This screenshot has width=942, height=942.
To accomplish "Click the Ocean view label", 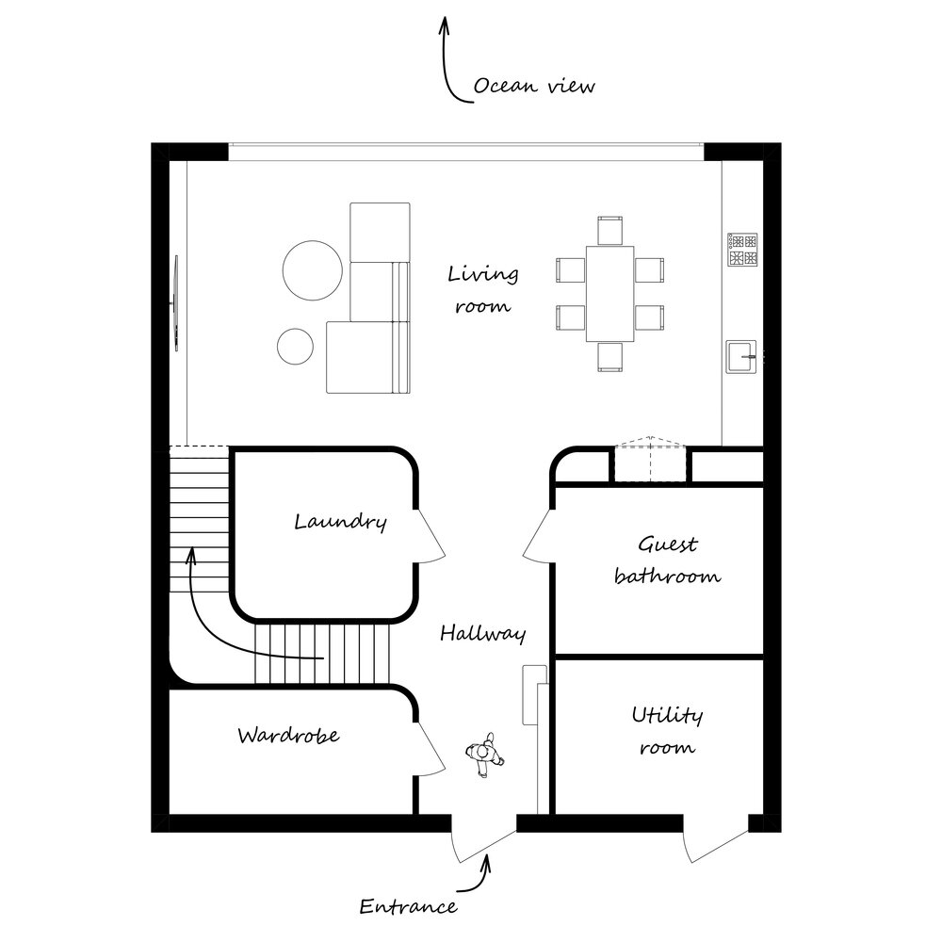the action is (x=534, y=86).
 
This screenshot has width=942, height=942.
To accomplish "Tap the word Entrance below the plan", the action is (x=408, y=906).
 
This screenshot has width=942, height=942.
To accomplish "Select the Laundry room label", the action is (x=340, y=522).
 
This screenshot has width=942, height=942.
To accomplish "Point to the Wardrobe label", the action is (x=288, y=735).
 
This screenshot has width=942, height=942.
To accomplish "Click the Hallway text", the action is (x=483, y=633).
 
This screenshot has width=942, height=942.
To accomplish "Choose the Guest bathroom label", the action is (x=668, y=560).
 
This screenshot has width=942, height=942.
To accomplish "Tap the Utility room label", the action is (x=668, y=731).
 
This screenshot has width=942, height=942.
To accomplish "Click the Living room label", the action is (x=483, y=289).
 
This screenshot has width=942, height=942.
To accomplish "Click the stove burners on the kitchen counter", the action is (x=742, y=250).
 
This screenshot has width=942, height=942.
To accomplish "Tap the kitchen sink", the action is (x=741, y=357).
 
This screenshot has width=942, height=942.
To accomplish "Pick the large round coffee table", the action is (x=313, y=270).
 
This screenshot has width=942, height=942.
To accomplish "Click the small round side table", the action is (x=295, y=347).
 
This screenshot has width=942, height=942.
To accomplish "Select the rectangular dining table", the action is (x=609, y=294).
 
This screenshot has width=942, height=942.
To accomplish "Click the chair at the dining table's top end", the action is (x=609, y=231).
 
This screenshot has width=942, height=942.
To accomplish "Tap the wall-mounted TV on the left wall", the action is (x=176, y=302).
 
